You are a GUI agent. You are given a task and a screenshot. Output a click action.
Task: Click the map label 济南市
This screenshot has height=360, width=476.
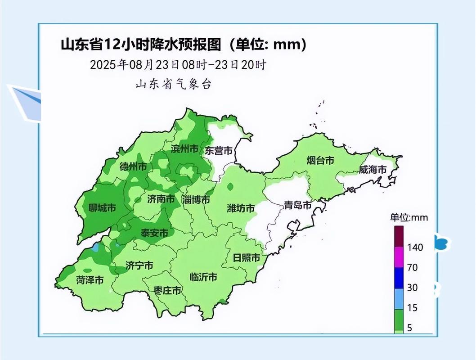click(x=161, y=199)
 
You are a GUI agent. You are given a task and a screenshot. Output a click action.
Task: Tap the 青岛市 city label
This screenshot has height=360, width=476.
click(x=297, y=206)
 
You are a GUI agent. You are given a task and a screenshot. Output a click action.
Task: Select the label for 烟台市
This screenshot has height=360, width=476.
click(x=320, y=160)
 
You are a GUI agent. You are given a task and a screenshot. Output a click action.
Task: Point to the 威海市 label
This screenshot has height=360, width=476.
click(x=373, y=170)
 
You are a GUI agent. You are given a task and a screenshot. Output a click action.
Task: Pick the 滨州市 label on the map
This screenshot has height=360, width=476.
click(x=184, y=149)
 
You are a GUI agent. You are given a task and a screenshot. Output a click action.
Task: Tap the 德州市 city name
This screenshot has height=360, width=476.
click(x=133, y=166)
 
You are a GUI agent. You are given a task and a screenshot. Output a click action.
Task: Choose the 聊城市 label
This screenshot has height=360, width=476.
click(x=102, y=208)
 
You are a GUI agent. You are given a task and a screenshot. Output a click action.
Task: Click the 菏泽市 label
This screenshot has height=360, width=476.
click(x=90, y=280)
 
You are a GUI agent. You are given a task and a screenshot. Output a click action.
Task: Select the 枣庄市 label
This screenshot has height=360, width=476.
click(x=167, y=290)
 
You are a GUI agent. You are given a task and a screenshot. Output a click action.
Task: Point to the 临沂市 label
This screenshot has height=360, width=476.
click(x=203, y=277)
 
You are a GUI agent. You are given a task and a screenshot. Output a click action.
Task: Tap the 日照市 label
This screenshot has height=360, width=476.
click(x=246, y=258)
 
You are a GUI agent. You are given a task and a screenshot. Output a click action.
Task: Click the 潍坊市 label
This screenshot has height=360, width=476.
click(x=241, y=208)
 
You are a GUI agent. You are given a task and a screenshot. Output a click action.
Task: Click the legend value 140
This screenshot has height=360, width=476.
click(x=415, y=247)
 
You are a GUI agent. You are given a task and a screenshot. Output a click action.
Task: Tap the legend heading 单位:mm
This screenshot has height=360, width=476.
click(x=409, y=217)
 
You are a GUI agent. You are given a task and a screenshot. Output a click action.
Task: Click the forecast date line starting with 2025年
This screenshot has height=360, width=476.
click(x=178, y=64)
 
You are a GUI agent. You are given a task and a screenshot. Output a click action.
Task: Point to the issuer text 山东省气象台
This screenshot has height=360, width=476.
click(x=173, y=84)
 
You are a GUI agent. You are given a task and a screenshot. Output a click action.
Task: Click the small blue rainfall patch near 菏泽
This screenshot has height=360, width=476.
click(x=95, y=247)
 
